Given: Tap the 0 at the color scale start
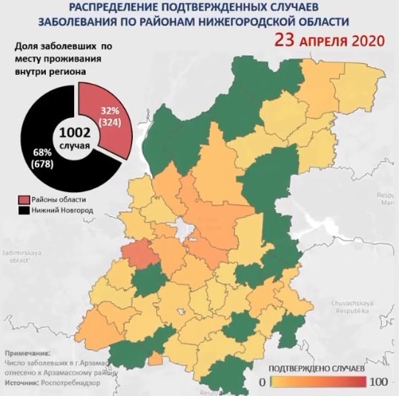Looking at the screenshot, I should pos(263,382).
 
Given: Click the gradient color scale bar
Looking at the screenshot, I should pos(318,382).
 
